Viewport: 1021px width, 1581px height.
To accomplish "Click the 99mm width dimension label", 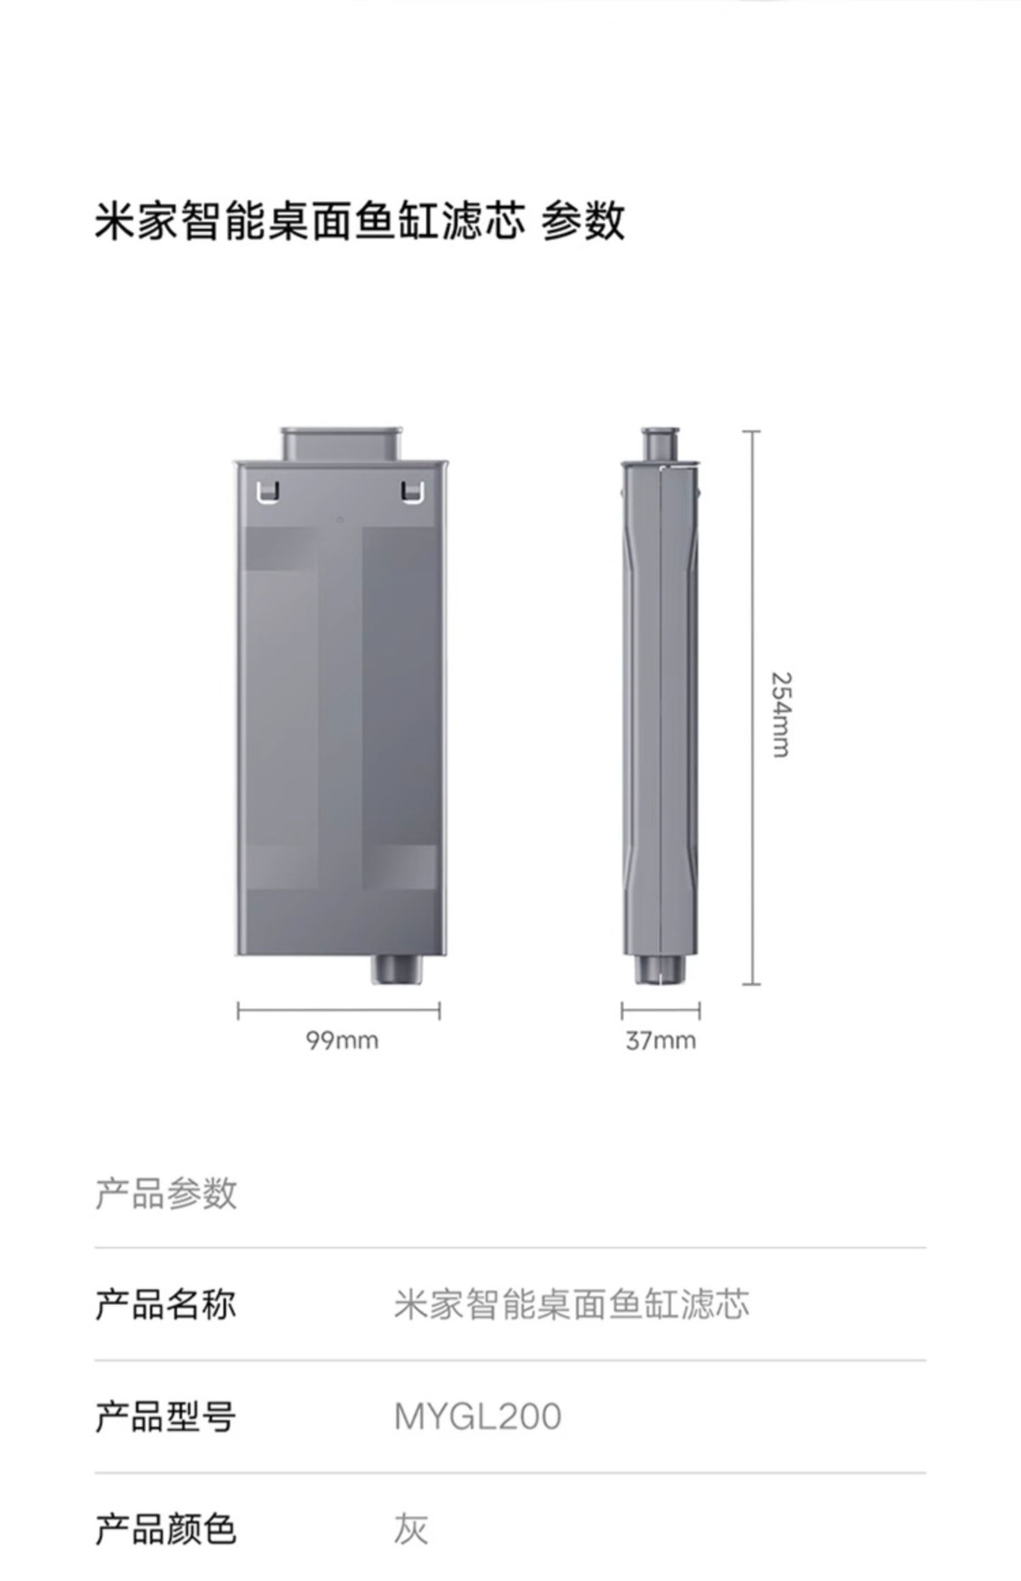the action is [342, 1040].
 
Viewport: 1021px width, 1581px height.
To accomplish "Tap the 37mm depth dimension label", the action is [660, 1040].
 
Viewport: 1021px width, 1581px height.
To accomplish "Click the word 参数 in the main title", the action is [584, 221].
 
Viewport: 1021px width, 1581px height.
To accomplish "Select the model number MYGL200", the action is [477, 1417].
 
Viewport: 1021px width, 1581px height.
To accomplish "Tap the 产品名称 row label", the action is [165, 1304].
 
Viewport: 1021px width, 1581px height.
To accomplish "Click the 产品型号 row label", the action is [165, 1417].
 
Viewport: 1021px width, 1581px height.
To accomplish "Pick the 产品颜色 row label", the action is [165, 1529].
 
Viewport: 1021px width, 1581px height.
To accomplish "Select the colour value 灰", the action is [410, 1529].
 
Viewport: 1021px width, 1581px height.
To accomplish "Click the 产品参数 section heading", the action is [165, 1193].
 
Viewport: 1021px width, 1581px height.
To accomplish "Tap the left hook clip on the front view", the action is [267, 491].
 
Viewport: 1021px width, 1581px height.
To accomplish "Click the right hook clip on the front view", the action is [412, 491].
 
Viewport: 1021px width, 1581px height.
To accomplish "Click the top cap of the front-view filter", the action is [341, 444].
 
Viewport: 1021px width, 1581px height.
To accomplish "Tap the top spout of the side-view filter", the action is [660, 444].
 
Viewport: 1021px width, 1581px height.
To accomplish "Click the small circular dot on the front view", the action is [340, 519].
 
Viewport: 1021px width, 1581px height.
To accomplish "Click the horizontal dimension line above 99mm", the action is [339, 1011].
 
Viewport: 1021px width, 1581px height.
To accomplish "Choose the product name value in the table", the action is [571, 1304].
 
